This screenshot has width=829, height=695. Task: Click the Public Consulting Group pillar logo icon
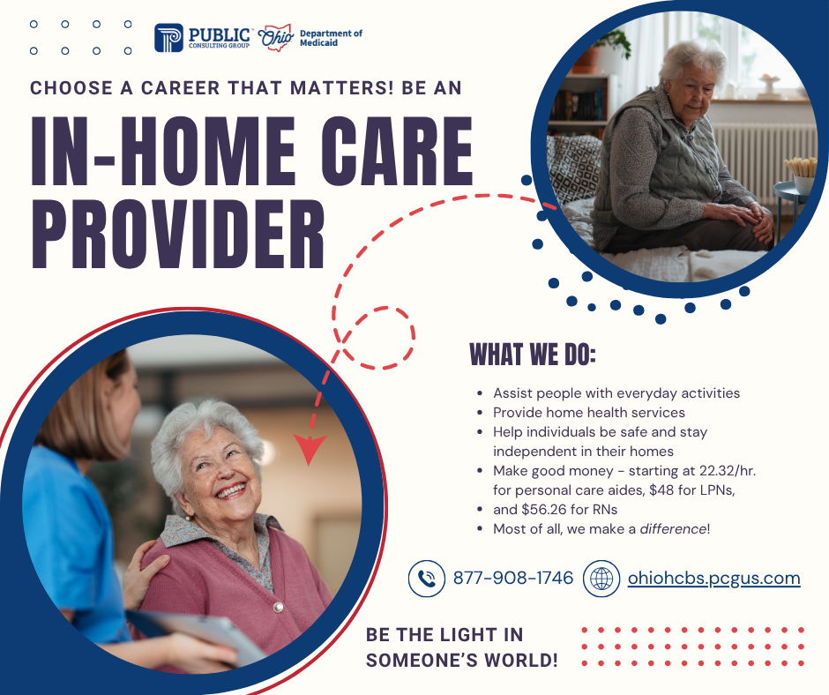[168, 38]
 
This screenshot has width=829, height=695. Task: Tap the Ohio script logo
[275, 38]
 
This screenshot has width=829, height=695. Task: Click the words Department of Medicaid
[331, 38]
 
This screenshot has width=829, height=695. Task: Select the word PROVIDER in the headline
[177, 235]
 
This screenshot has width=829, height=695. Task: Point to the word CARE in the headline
[397, 152]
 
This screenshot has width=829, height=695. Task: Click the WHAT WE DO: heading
[533, 355]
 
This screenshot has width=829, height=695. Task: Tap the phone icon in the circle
[427, 579]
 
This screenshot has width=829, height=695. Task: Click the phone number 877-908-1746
[513, 578]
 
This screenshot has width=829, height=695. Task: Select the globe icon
[601, 579]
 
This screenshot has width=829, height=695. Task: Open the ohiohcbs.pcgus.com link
[713, 579]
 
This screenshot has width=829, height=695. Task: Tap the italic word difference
[673, 529]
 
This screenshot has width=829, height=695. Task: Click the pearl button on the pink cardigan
[278, 607]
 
